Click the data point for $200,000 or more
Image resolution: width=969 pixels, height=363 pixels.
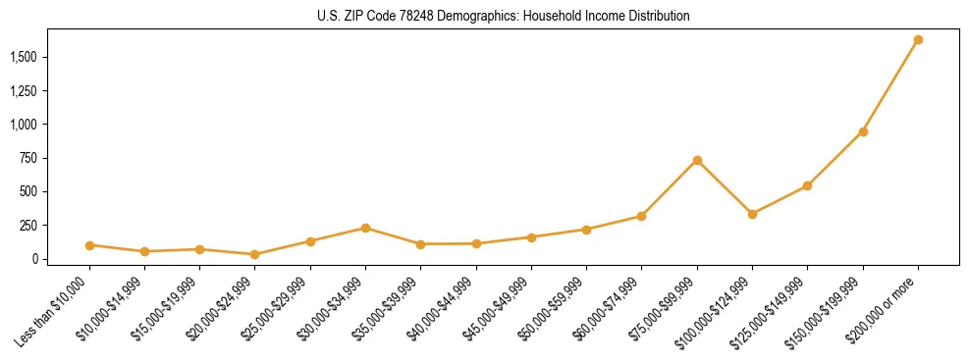click(918, 40)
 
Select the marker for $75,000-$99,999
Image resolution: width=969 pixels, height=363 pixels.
click(697, 161)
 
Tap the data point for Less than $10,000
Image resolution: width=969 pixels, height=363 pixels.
click(89, 245)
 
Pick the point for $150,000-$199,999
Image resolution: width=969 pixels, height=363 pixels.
click(863, 131)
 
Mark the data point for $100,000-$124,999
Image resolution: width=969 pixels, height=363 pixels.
click(752, 214)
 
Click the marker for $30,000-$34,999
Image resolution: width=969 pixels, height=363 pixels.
click(365, 228)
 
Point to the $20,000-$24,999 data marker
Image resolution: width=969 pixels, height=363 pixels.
click(255, 254)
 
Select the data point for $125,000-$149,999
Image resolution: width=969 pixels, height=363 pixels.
click(807, 185)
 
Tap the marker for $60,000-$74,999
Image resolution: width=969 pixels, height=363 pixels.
click(641, 216)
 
